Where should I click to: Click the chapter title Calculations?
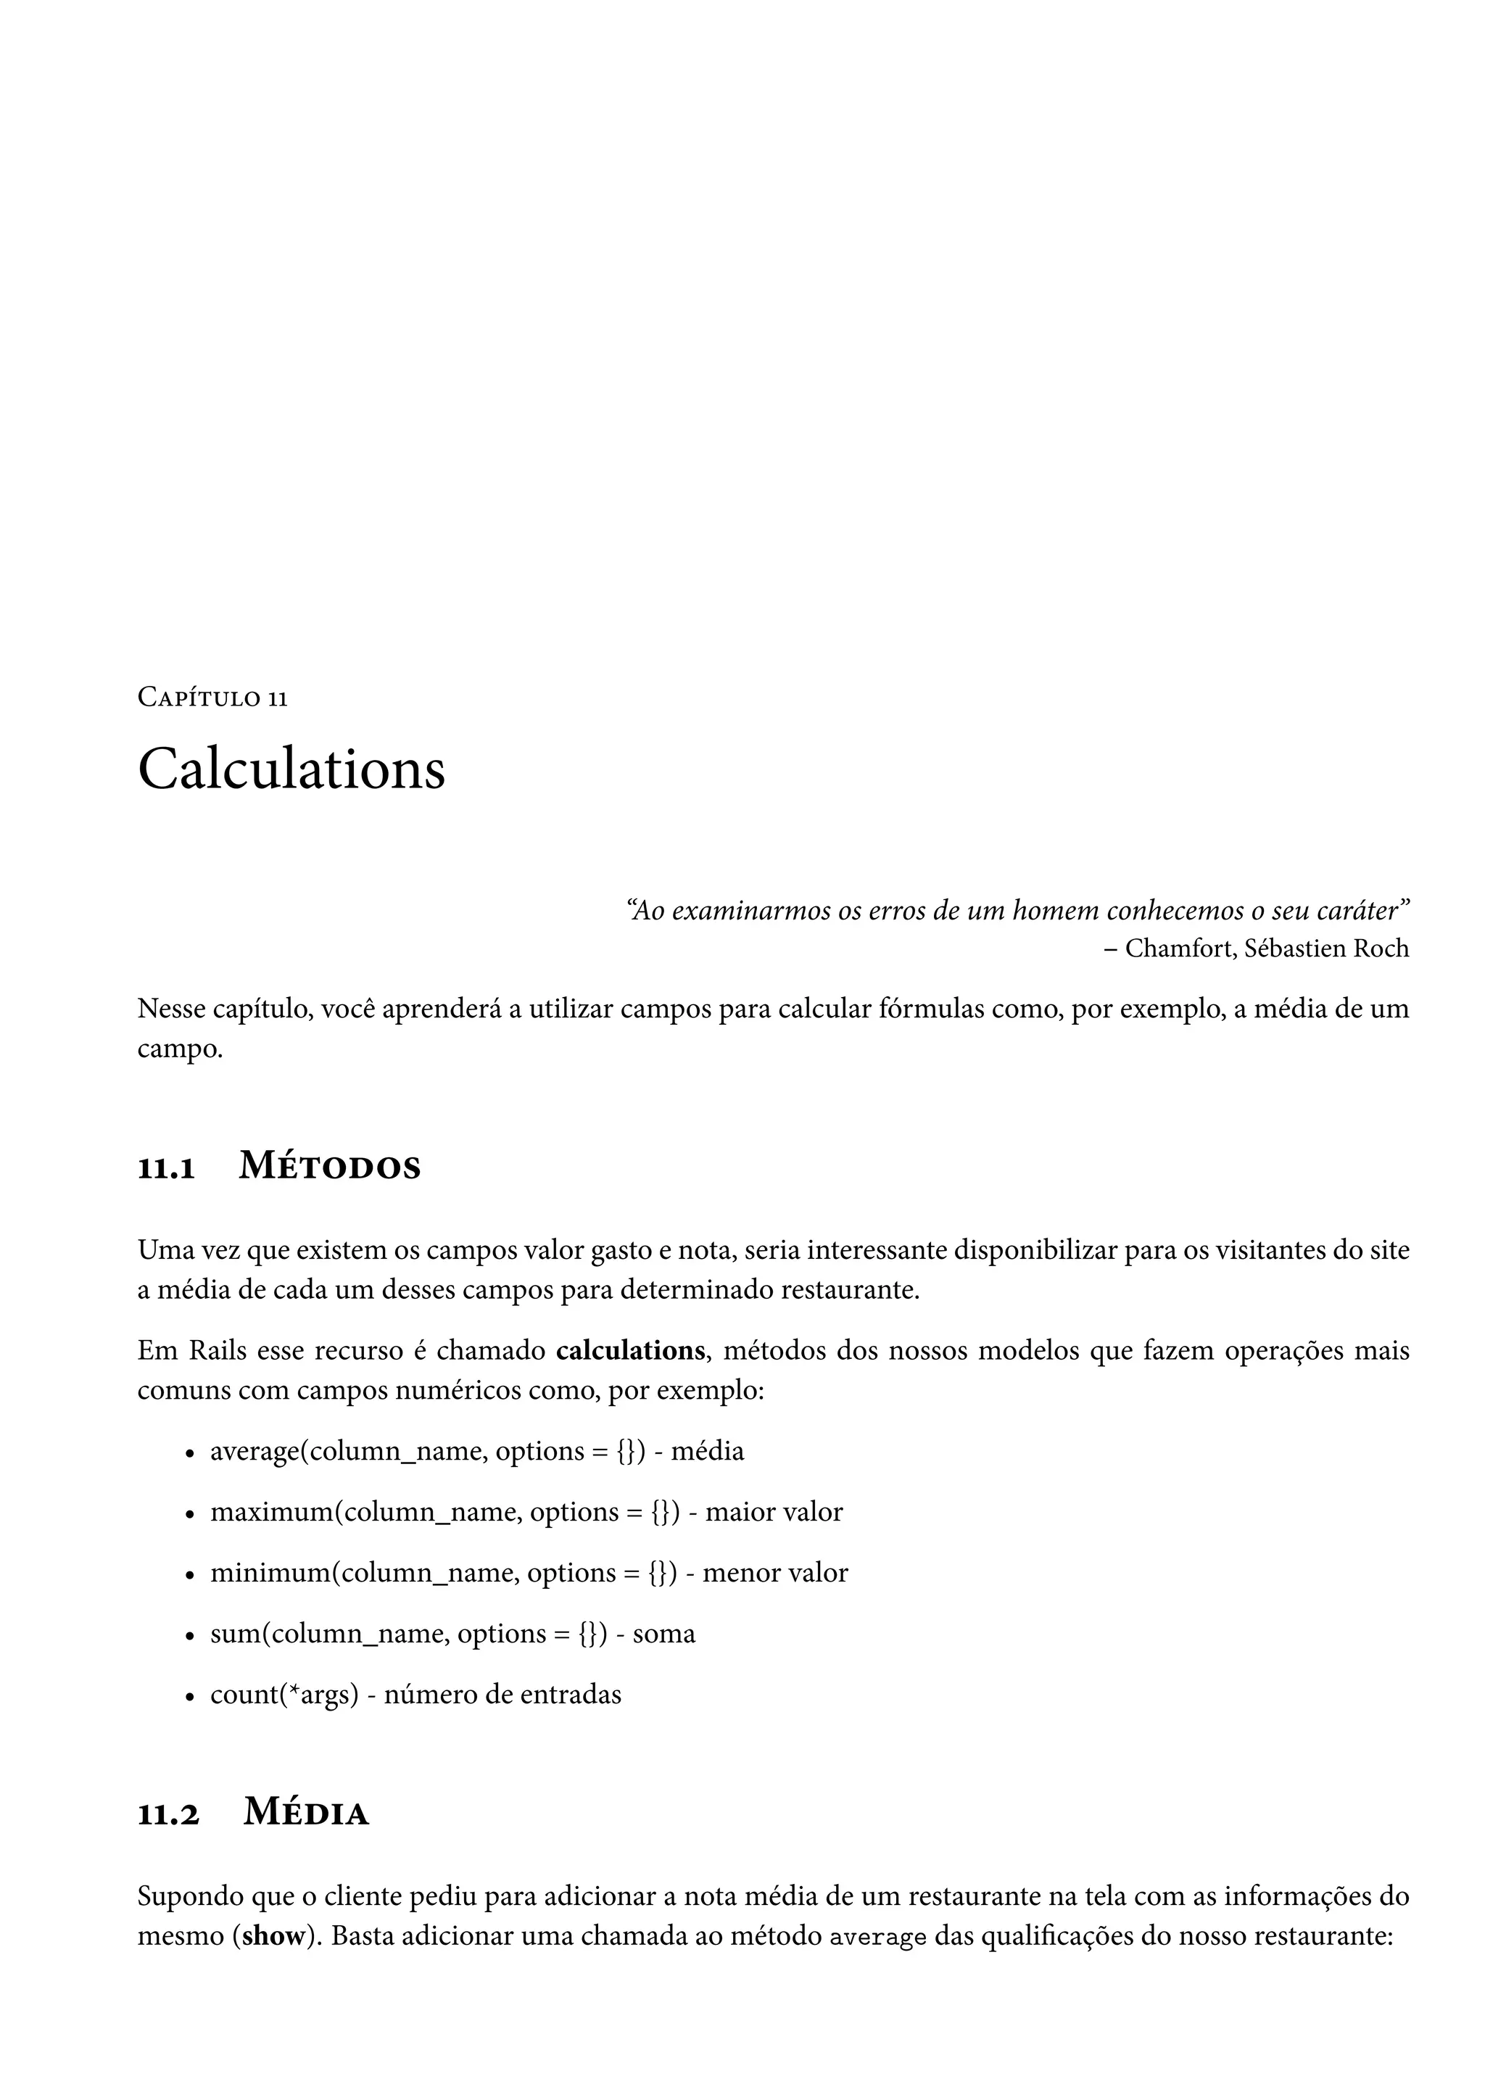tap(291, 769)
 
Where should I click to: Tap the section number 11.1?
tap(167, 1169)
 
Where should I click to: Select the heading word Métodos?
tap(329, 1167)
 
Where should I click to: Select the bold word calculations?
tap(630, 1351)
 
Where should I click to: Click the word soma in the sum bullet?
tap(664, 1634)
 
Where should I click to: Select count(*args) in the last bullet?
tap(284, 1695)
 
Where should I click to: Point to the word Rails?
tap(218, 1351)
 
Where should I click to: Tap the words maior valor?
tap(774, 1513)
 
